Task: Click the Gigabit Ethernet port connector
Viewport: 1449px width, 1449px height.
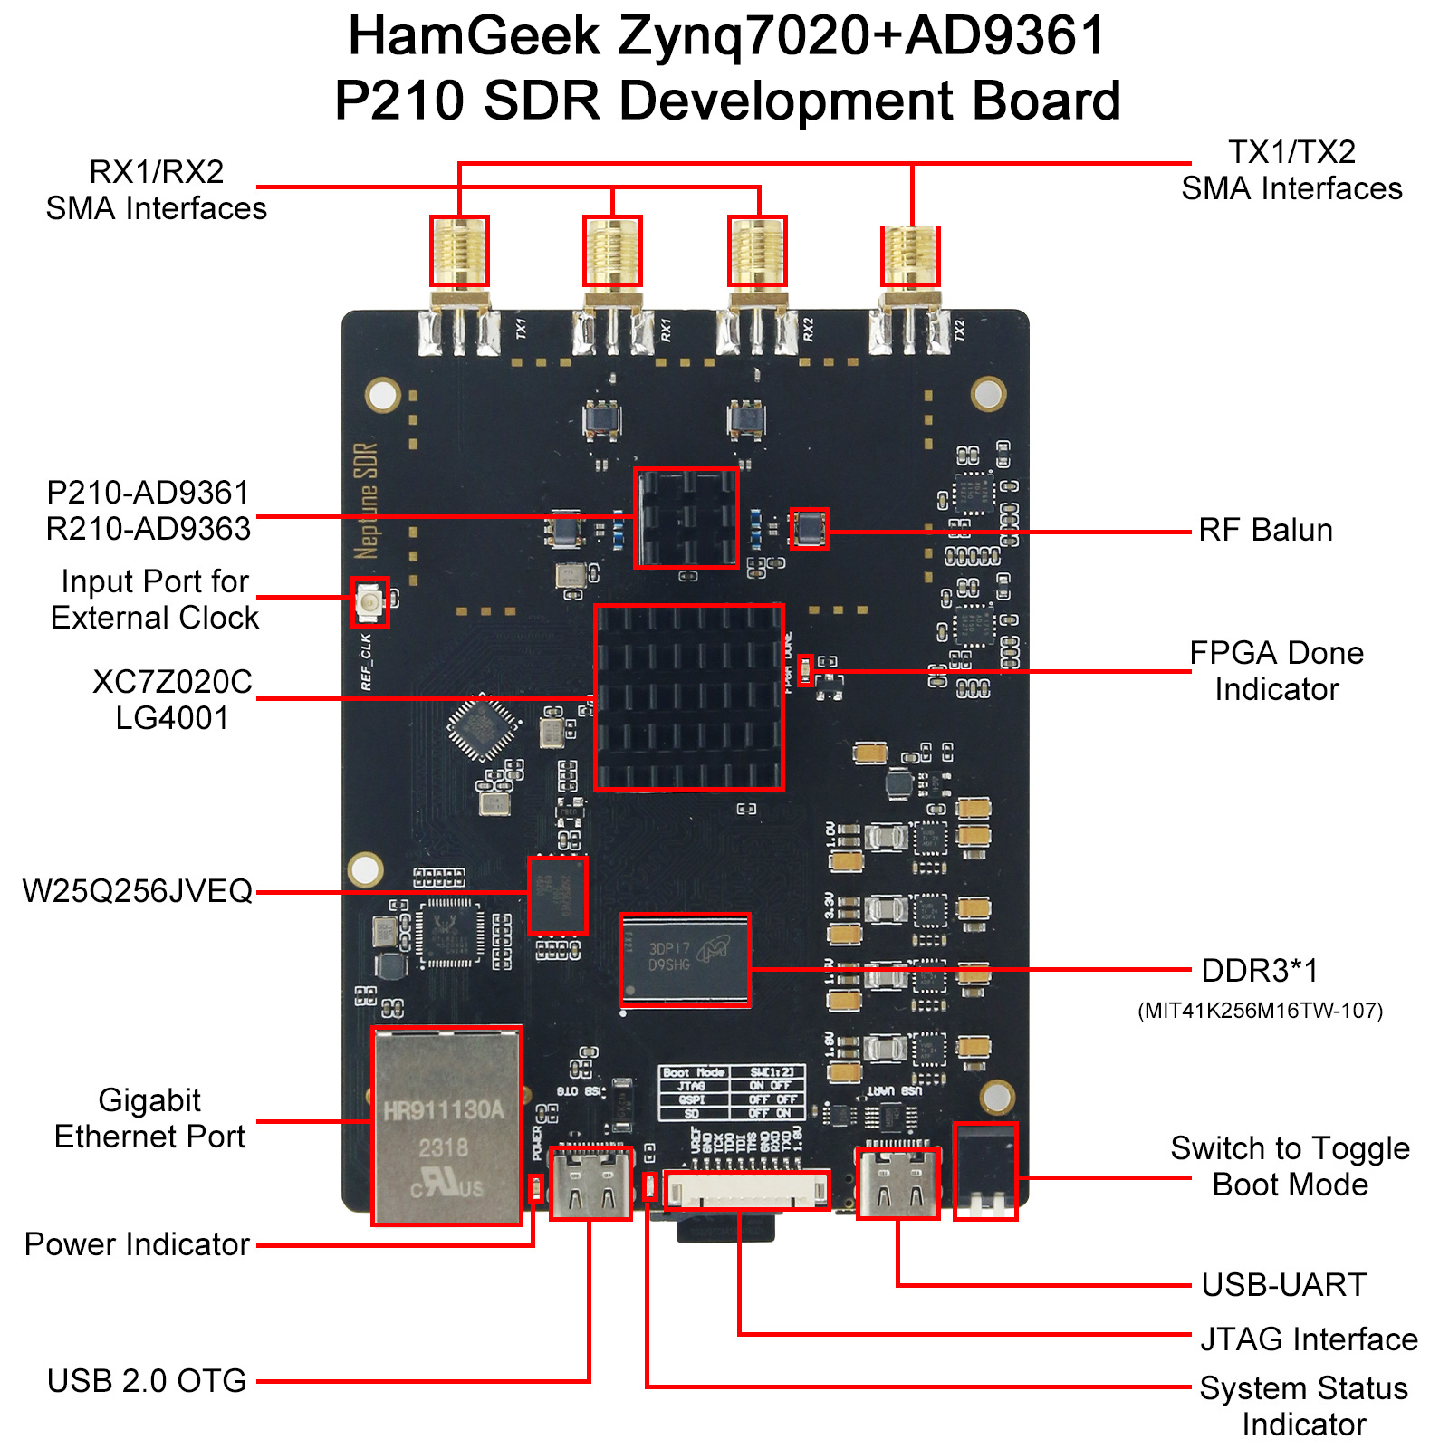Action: point(446,1126)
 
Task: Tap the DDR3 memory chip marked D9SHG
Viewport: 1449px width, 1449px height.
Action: point(686,959)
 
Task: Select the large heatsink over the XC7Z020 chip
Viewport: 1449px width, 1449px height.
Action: point(688,697)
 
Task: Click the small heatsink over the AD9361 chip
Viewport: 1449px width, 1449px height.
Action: point(686,518)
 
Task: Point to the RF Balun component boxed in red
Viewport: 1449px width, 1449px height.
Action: point(809,528)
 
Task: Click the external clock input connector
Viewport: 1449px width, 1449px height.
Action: point(369,601)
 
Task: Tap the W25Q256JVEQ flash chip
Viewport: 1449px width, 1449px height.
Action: point(557,895)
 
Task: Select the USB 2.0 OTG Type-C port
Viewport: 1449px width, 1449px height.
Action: point(590,1183)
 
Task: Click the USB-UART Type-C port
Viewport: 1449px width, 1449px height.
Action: point(897,1183)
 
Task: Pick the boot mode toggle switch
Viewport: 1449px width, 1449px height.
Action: point(985,1171)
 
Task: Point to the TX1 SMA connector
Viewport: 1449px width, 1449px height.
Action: point(459,252)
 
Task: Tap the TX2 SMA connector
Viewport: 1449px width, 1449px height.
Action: point(910,255)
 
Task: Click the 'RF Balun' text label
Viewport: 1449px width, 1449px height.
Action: point(1265,530)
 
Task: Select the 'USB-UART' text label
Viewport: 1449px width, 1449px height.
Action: point(1283,1284)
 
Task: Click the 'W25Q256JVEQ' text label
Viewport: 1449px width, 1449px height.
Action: point(138,891)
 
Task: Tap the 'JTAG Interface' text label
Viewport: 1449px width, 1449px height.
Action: point(1309,1339)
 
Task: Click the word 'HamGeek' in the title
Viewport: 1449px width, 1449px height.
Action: point(474,36)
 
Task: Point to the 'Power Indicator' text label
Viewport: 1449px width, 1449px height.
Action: point(137,1244)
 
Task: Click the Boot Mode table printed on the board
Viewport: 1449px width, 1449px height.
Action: point(731,1092)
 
